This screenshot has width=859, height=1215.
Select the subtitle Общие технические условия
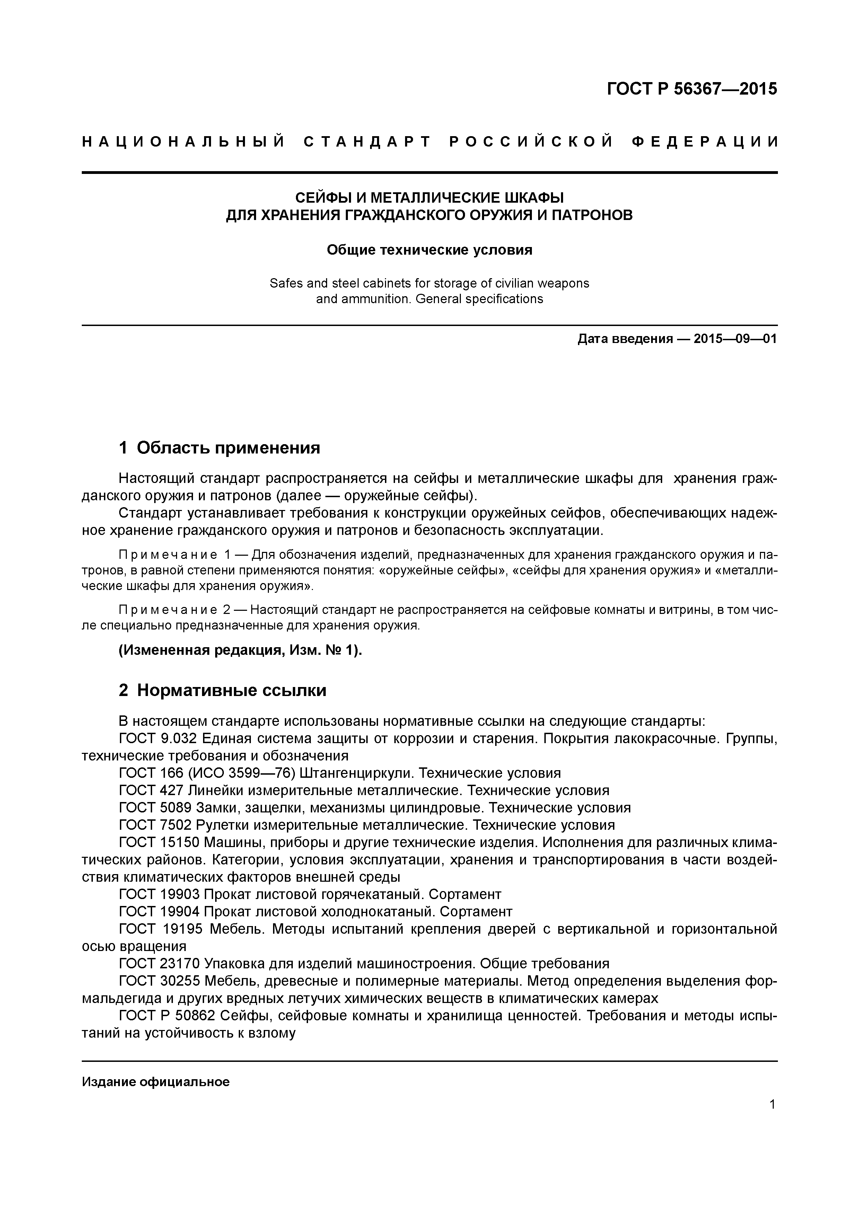point(429,250)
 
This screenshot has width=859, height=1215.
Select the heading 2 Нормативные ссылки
point(222,690)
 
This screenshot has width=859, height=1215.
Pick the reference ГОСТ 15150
point(159,843)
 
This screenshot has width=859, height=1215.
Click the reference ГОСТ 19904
point(159,912)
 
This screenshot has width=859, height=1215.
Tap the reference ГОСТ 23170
point(159,963)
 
